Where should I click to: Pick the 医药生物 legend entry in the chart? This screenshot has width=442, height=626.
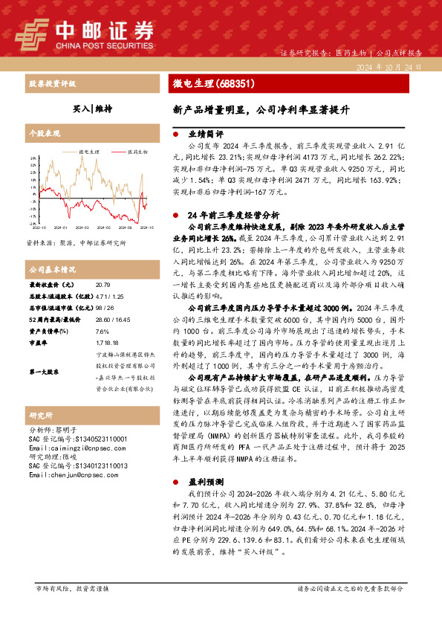tap(135, 150)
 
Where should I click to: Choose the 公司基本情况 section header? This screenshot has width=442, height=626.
tap(52, 268)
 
